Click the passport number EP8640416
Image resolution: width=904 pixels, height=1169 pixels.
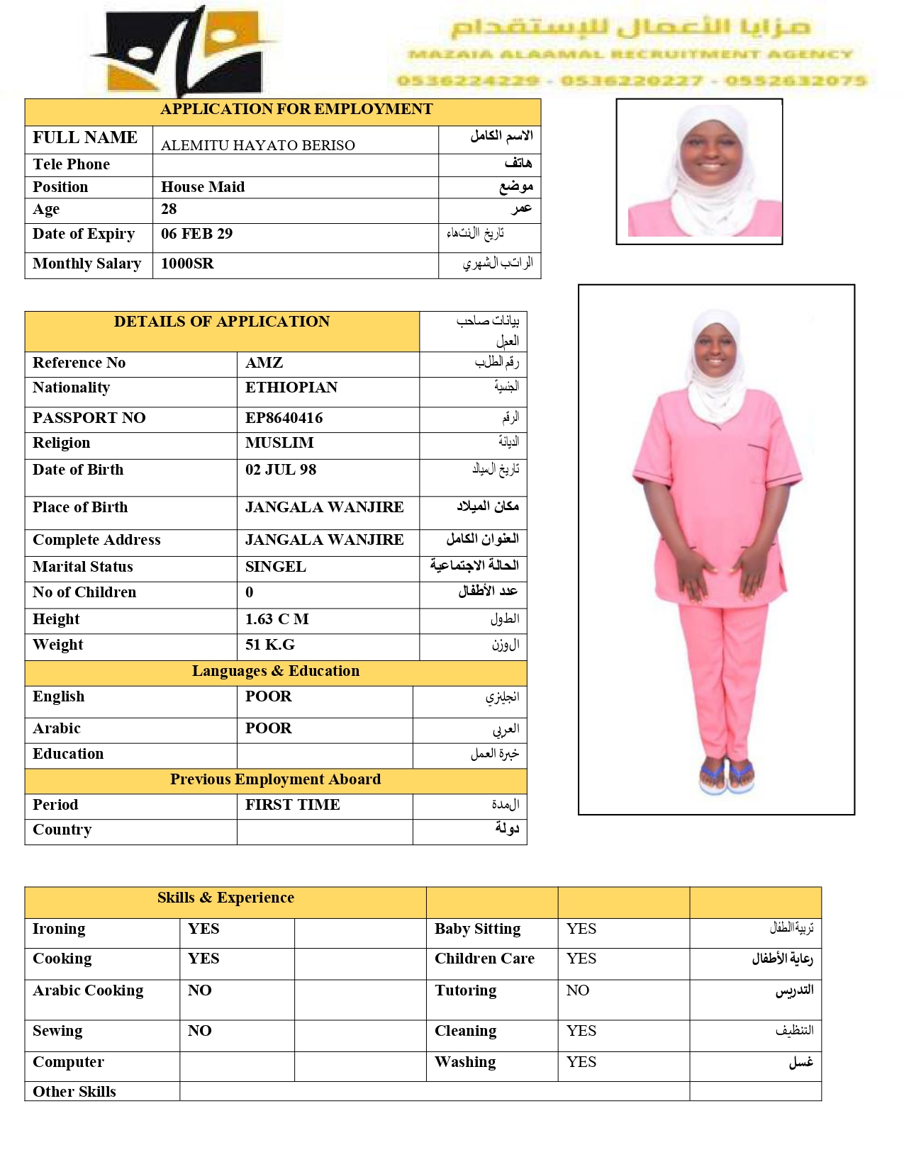coord(284,418)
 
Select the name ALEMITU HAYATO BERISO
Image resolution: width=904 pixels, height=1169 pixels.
coord(257,145)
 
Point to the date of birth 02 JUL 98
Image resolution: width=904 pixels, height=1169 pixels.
coord(281,470)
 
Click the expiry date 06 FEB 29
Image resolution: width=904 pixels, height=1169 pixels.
coord(196,234)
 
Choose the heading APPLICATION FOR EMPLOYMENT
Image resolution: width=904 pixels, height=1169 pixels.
coord(296,109)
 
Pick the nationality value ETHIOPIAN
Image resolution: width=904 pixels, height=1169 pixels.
coord(291,388)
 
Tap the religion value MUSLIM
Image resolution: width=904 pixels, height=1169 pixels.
coord(279,443)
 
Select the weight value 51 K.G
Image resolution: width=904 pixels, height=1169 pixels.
coord(270,645)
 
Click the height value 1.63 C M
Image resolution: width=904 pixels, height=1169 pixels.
coord(277,619)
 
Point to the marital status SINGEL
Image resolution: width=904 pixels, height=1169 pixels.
coord(275,567)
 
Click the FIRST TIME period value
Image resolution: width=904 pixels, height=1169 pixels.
coord(292,805)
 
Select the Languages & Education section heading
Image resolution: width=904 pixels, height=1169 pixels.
coord(275,671)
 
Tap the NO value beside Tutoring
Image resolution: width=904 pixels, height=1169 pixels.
coord(577,990)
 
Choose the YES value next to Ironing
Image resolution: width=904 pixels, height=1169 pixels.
coord(203,929)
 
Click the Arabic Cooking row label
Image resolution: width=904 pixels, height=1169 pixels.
coord(88,990)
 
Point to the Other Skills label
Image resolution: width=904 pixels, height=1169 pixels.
coord(74,1092)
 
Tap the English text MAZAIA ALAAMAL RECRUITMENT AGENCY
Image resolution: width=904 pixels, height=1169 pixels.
coord(630,55)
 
